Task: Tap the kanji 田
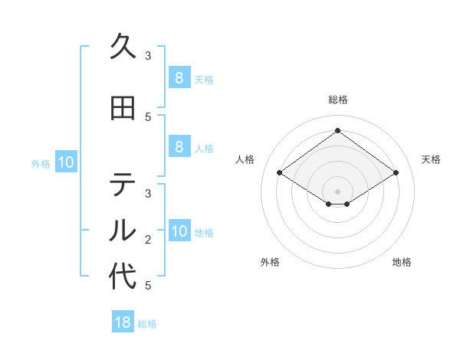coord(123,109)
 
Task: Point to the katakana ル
coord(123,230)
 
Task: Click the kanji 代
coord(123,276)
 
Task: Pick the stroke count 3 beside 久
coord(148,55)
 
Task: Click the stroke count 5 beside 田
coord(148,117)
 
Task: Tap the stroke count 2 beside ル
coord(148,240)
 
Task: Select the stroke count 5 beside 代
coord(148,286)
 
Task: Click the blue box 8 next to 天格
coord(179,77)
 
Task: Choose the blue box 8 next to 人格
coord(179,148)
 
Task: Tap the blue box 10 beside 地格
coord(179,232)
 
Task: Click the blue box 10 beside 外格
coord(66,162)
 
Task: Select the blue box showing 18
coord(123,322)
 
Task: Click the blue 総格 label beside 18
coord(147,324)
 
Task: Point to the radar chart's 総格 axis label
coord(337,100)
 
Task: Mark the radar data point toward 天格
coord(396,173)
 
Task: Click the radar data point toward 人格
coord(280,173)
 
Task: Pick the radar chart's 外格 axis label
coord(270,262)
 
